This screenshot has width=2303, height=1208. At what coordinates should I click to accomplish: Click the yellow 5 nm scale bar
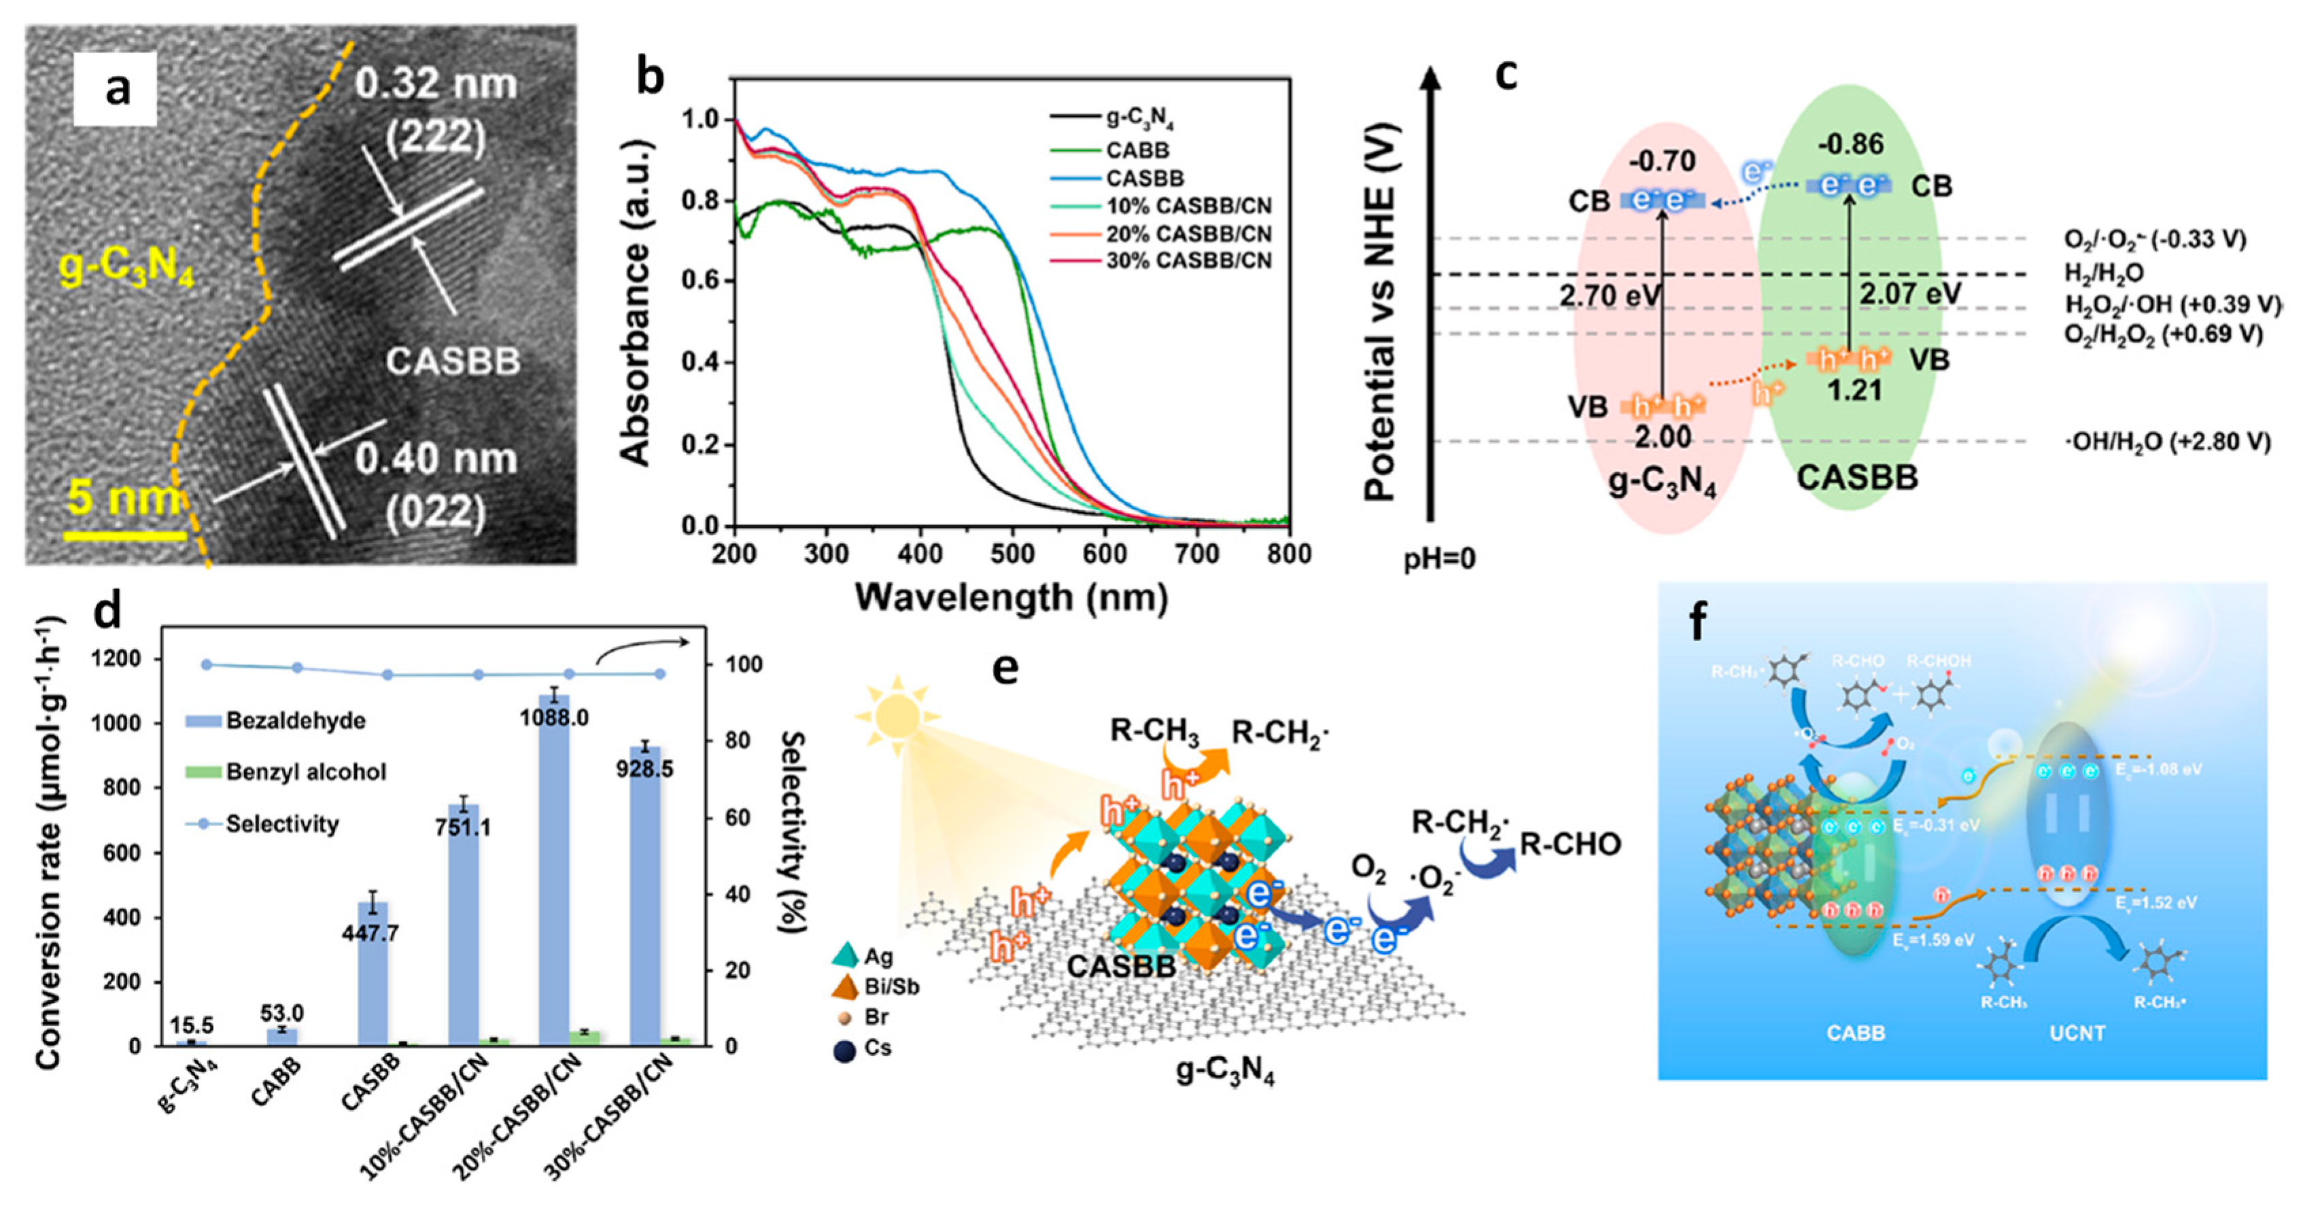point(124,536)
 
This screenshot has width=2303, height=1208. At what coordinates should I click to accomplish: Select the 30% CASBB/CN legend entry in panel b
point(1188,261)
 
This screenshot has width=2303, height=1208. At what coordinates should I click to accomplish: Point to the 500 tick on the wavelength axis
point(1012,554)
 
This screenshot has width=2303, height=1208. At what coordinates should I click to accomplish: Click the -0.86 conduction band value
point(1850,144)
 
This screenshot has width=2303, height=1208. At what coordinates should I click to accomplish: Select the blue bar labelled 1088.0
point(554,871)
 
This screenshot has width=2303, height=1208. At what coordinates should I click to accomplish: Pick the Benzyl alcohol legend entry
point(306,772)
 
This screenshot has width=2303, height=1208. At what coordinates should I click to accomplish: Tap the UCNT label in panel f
point(2076,1033)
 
